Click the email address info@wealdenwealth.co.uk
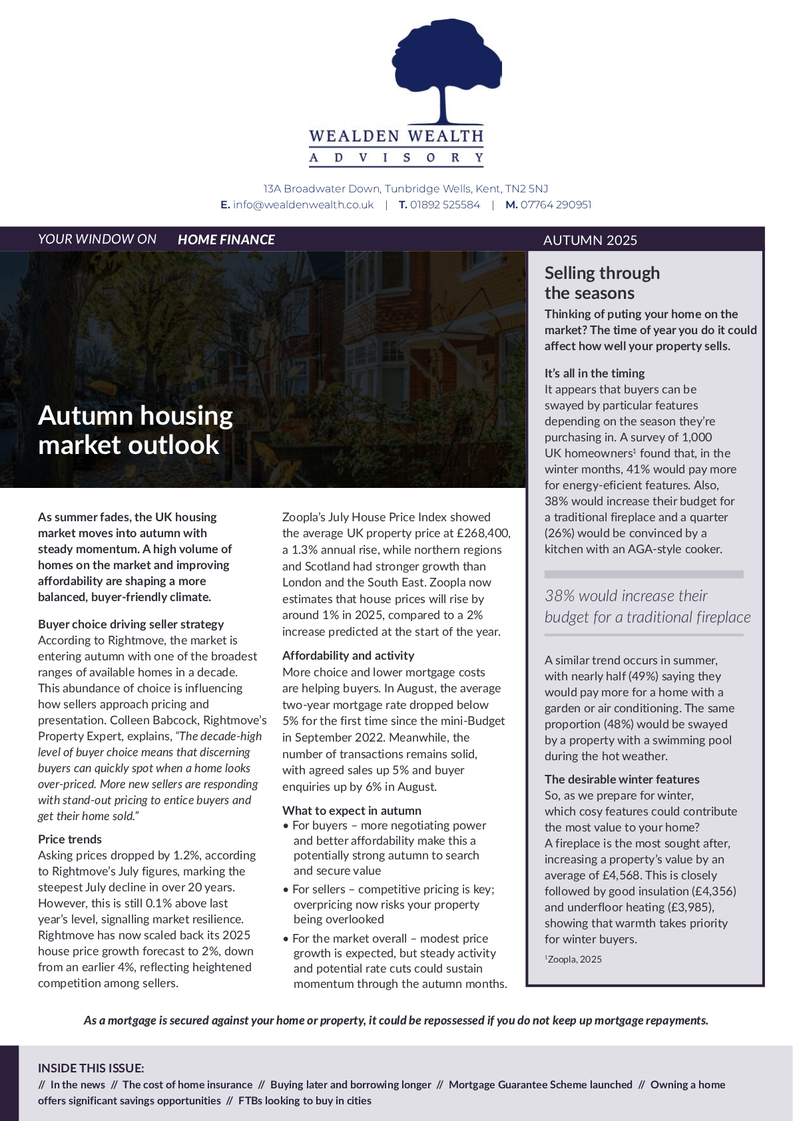[303, 205]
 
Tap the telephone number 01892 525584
[445, 205]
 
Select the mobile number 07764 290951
[556, 205]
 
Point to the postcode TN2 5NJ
[527, 189]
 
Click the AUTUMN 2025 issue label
[590, 240]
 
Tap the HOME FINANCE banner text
[226, 240]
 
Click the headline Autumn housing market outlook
[136, 430]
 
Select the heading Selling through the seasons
[602, 283]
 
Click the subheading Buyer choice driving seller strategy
[131, 624]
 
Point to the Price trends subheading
[70, 839]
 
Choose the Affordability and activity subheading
[348, 656]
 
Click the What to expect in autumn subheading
[352, 811]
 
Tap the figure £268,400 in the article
[483, 533]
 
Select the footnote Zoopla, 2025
[574, 959]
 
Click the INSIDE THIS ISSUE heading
[91, 1068]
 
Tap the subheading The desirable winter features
[622, 780]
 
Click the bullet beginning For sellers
[393, 890]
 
